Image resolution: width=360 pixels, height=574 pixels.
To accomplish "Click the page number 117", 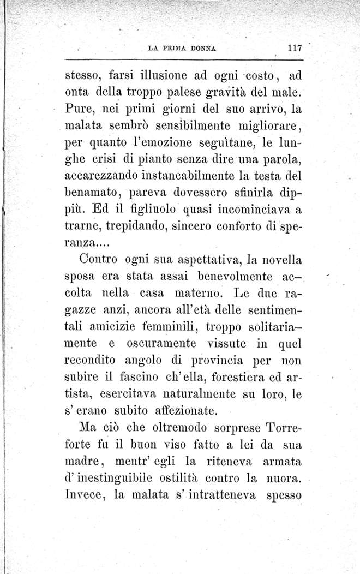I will tap(295, 47).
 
